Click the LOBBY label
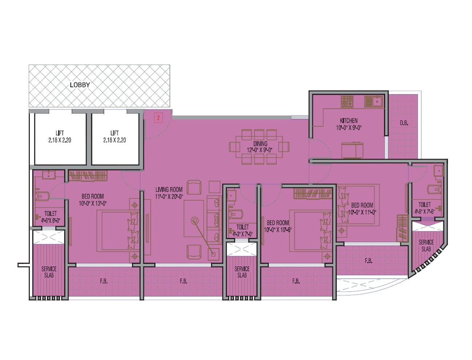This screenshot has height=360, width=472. pos(80,85)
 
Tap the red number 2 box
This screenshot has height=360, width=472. pos(159,118)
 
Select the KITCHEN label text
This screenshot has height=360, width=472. pos(349,121)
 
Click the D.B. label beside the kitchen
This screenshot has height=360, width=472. pos(404,123)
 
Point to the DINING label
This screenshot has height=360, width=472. pos(260,144)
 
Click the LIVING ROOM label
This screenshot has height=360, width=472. pos(169,189)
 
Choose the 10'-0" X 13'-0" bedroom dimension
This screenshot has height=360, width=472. pos(93,203)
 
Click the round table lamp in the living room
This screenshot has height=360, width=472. pos(195,221)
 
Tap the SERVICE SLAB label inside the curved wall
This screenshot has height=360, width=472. pos(426,245)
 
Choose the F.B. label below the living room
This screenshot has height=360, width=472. pos(183,281)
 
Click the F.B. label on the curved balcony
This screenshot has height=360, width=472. pos(368,261)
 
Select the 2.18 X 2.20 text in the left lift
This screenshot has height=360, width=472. pos(60,140)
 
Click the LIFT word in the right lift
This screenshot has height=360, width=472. pos(114,133)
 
